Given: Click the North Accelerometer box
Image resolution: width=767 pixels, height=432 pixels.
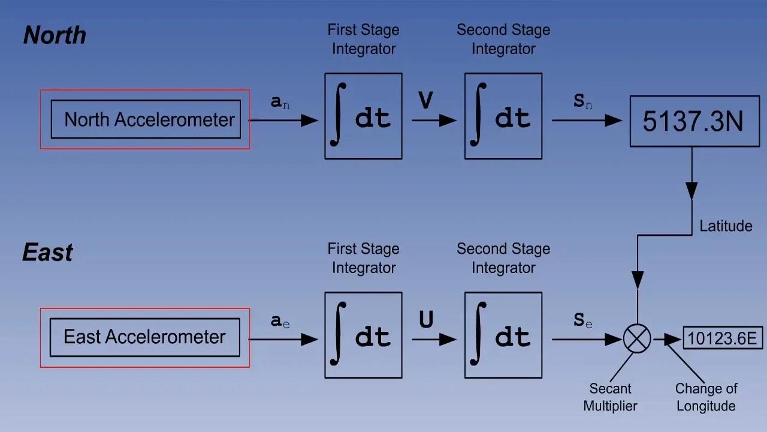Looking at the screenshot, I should (146, 119).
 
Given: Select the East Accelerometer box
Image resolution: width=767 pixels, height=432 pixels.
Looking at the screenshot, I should (144, 337).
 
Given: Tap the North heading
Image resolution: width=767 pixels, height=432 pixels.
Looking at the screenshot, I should (55, 35).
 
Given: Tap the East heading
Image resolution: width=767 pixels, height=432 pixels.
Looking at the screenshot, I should (47, 253).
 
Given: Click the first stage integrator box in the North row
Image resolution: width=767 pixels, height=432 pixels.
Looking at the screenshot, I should (363, 116).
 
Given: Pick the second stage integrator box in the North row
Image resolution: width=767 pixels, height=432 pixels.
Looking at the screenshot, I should (503, 116).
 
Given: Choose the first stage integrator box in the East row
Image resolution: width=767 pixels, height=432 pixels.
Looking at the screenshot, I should (363, 335).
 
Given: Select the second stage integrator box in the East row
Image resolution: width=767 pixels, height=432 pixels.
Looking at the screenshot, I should (503, 335).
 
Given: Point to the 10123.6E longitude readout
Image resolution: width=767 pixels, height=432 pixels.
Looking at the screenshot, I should (723, 338).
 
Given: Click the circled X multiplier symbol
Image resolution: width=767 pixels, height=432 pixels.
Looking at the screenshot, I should (637, 339).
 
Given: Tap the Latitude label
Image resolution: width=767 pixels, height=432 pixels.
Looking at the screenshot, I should (726, 226).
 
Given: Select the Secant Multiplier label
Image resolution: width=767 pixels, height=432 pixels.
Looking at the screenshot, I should (610, 397).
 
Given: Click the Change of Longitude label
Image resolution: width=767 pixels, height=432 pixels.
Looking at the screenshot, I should (706, 397).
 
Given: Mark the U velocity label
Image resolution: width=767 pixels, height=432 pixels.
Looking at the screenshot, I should (426, 320).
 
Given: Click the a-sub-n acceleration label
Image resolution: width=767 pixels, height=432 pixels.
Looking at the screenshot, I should (280, 103).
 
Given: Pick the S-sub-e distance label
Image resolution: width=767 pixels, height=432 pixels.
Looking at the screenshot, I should (582, 321).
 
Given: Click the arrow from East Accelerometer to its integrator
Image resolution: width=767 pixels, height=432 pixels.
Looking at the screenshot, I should (283, 340).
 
